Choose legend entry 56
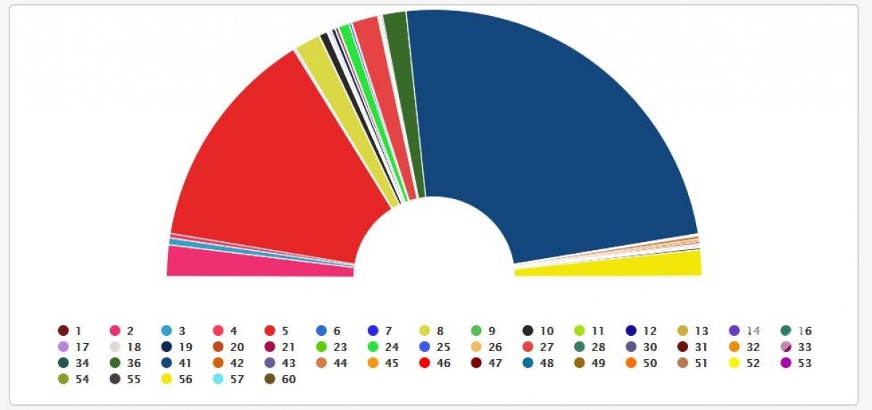pos(174,379)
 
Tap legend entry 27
pos(536,347)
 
